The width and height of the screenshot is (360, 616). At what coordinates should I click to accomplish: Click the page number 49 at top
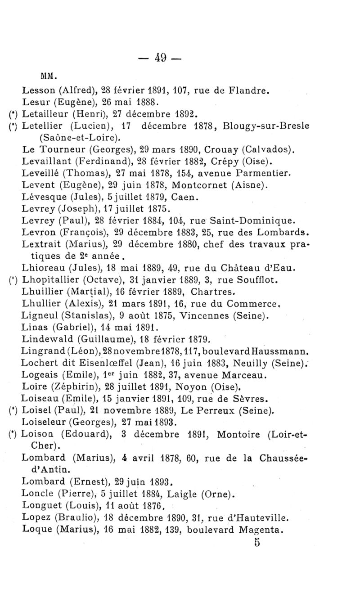(x=161, y=58)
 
